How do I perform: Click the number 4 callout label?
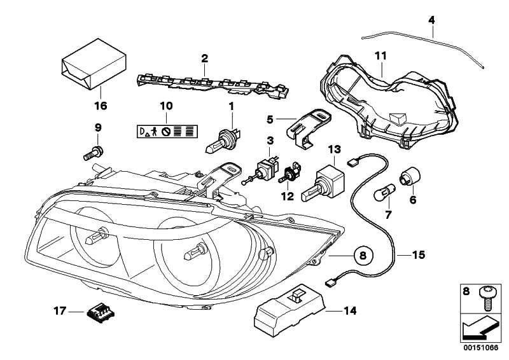[431, 20]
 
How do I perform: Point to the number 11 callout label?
[380, 56]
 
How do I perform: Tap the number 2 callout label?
[204, 59]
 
